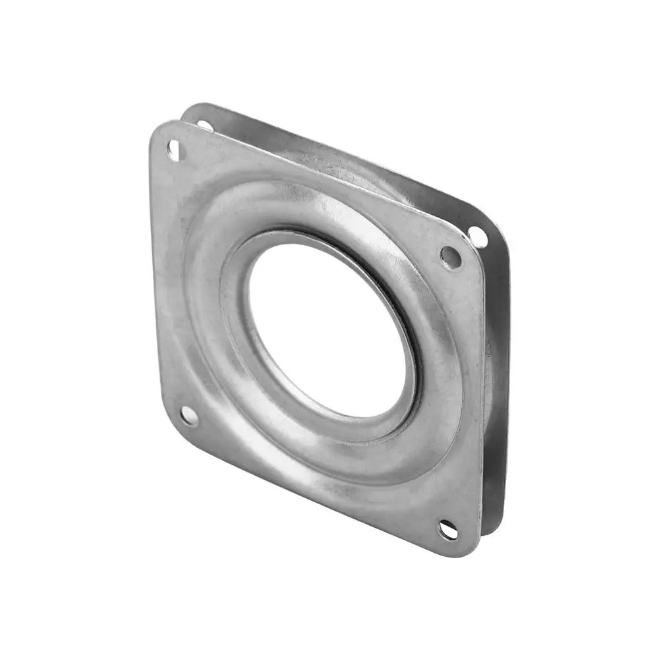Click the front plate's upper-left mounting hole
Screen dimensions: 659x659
tap(174, 150)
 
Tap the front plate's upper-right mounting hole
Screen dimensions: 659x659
tap(451, 257)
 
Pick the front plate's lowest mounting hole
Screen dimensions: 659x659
tap(448, 529)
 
